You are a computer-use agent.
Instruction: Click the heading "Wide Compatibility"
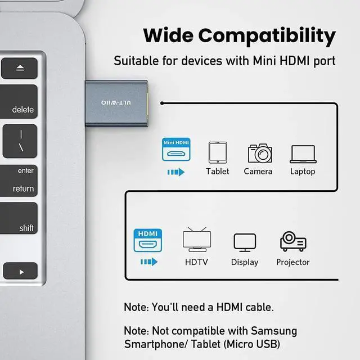tap(239, 35)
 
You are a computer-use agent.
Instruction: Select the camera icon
tap(259, 153)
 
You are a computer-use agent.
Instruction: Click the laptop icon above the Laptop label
tap(303, 154)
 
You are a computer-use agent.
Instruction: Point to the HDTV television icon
tap(197, 240)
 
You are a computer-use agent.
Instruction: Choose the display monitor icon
tap(245, 242)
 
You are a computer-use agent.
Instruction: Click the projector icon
tap(293, 242)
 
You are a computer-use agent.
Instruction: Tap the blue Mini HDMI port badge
tap(176, 150)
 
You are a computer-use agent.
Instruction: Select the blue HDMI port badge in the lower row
tap(147, 240)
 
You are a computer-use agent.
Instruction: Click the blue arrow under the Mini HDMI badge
tap(176, 172)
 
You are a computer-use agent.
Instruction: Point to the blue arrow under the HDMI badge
tap(148, 262)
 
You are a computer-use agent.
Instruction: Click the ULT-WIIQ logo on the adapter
tap(116, 102)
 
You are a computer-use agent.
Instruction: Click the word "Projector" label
tap(293, 262)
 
